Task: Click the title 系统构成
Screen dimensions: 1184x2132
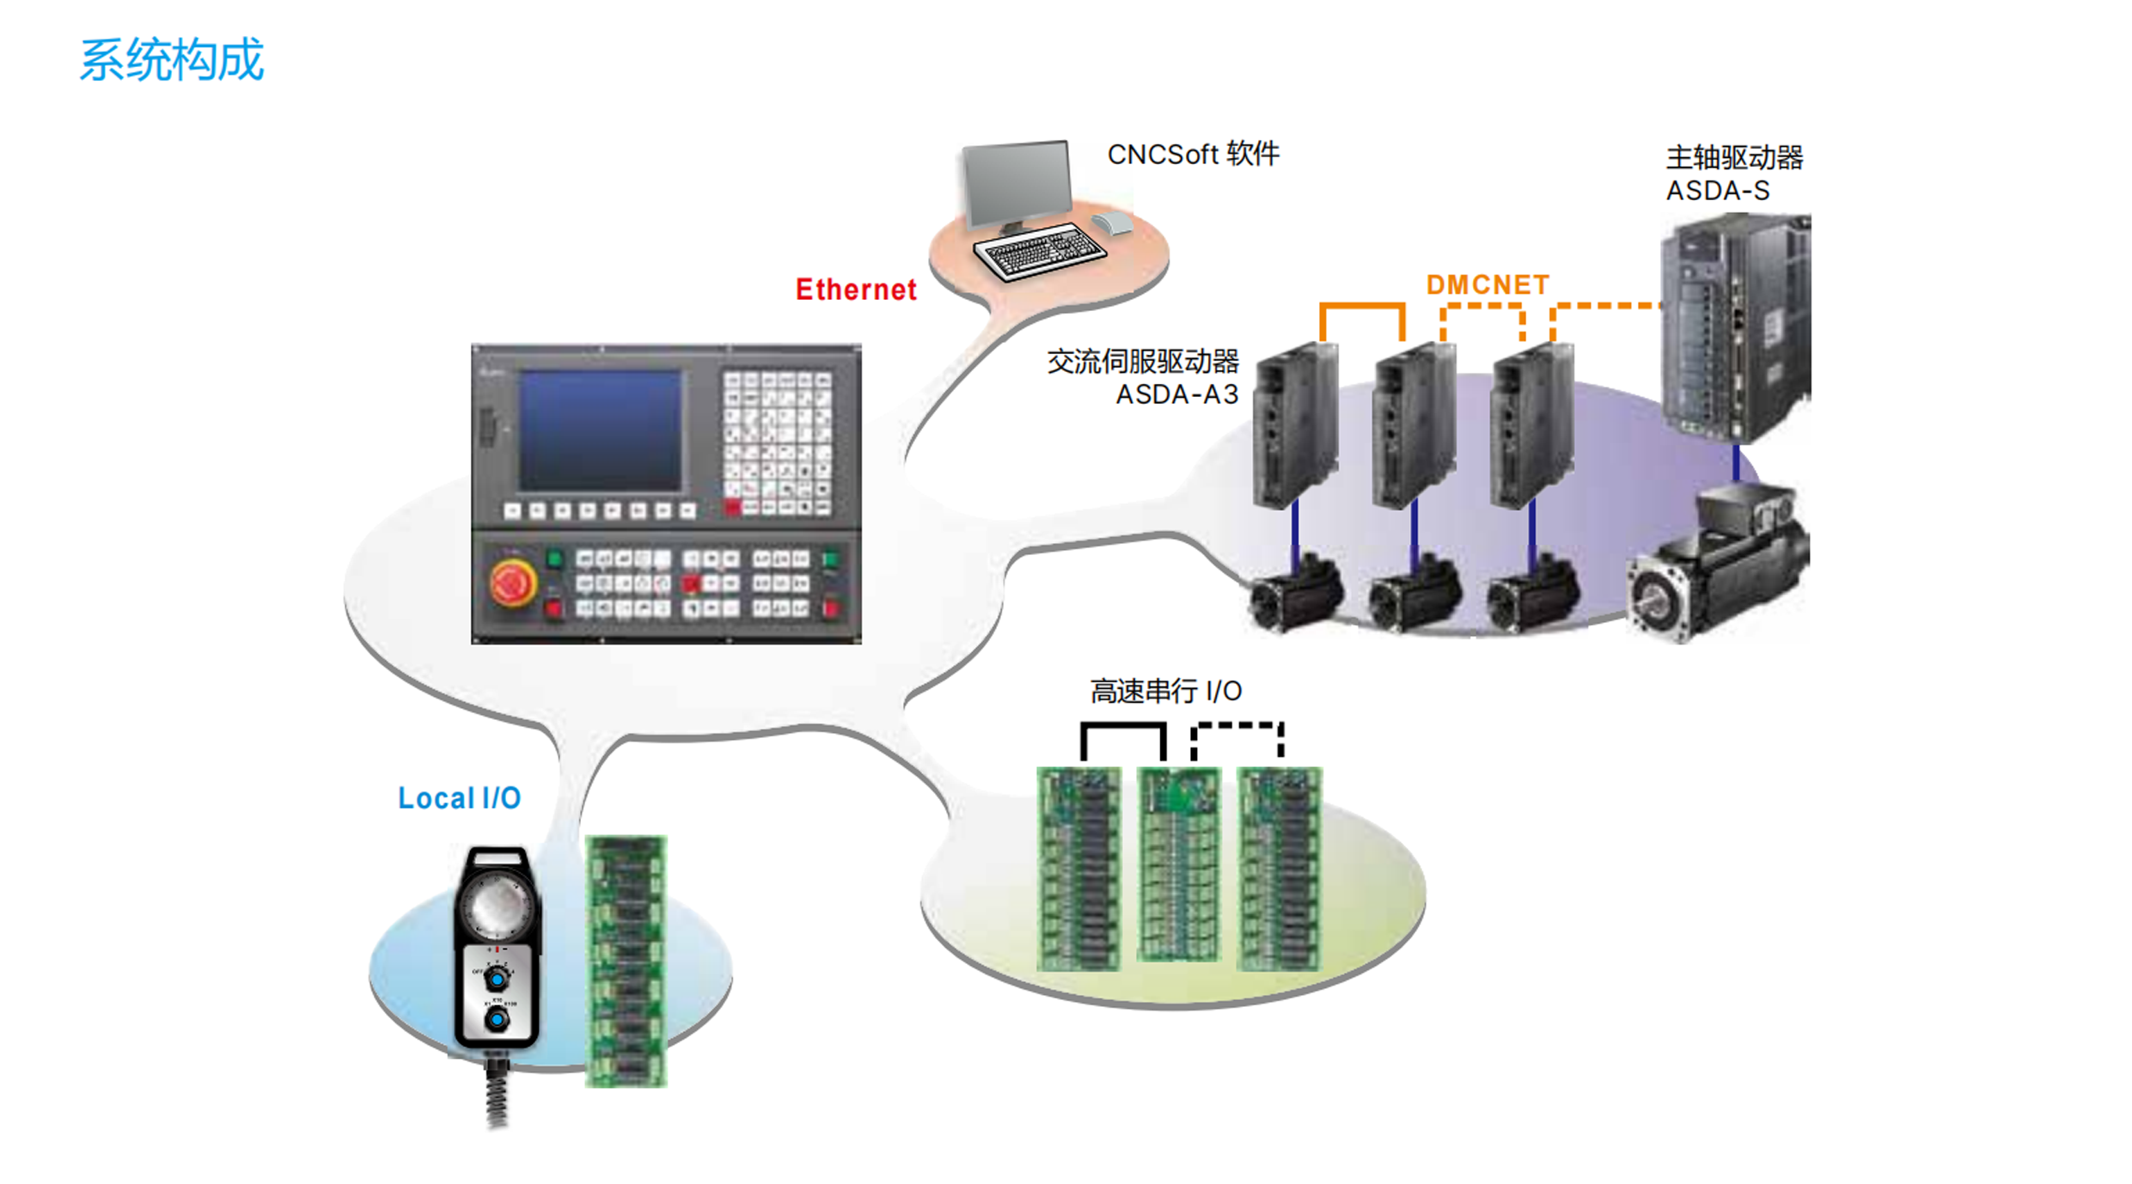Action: pos(171,60)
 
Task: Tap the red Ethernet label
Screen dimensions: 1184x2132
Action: pos(856,290)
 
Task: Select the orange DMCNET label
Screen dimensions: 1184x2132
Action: pos(1488,284)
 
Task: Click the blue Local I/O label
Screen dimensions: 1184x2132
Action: pos(459,798)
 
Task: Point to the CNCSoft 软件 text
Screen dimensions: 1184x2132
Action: pos(1193,155)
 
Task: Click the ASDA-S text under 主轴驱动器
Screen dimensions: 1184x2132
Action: pos(1717,191)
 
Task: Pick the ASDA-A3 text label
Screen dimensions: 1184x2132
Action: pos(1176,394)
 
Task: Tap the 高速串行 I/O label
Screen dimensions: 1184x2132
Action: pos(1165,691)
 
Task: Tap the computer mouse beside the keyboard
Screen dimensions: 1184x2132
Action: pos(1114,223)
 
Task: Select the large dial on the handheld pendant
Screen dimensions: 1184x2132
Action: pos(494,905)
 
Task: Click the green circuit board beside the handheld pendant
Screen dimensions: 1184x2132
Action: pos(626,961)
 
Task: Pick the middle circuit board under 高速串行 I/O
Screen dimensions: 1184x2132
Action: pos(1178,864)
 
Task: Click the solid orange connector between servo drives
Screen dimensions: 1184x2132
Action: pos(1362,307)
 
